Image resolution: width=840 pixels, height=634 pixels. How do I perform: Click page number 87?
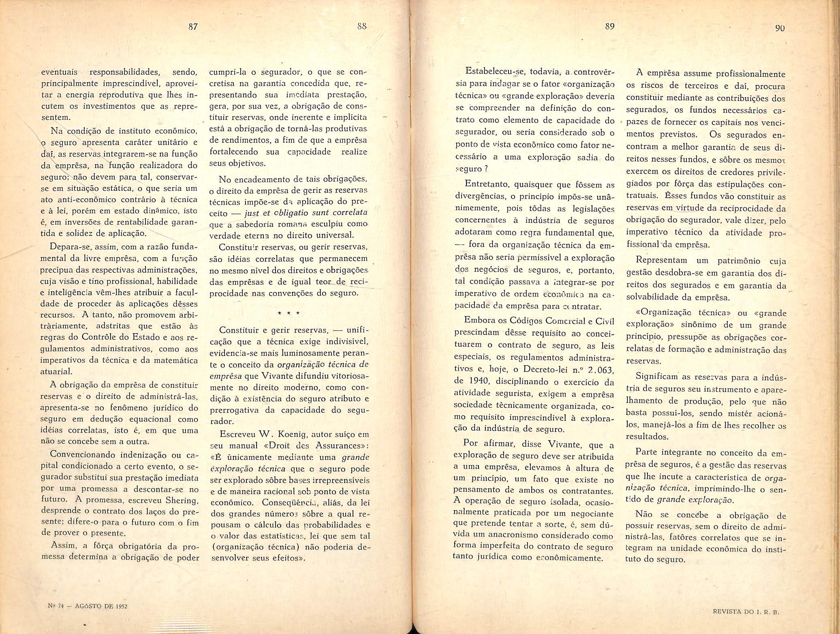[193, 27]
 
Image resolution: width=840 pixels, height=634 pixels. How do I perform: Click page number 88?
[362, 27]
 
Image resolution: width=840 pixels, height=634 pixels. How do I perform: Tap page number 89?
[610, 26]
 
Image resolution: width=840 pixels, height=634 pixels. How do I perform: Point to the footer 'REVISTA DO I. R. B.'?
[746, 613]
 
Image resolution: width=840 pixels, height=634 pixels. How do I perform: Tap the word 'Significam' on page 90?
[657, 377]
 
